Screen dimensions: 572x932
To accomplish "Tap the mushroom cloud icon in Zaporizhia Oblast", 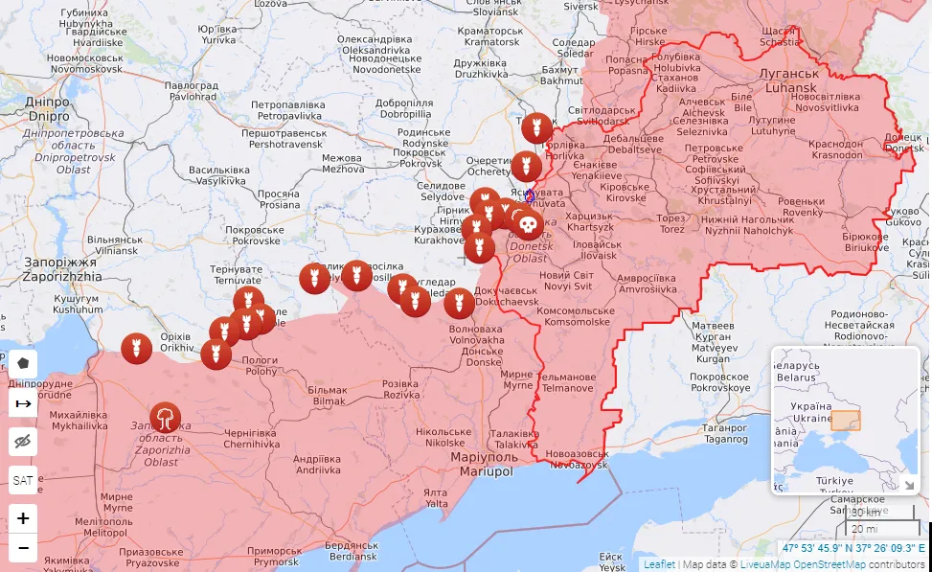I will (x=165, y=417).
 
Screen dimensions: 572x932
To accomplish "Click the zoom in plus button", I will (x=23, y=518).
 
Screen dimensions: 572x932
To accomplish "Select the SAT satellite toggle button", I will (x=23, y=479).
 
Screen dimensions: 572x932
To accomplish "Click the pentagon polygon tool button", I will (x=23, y=364).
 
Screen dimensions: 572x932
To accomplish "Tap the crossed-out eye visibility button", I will (x=23, y=441).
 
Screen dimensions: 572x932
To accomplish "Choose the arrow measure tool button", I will (x=23, y=403).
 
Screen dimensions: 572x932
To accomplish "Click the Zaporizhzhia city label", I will (x=61, y=268).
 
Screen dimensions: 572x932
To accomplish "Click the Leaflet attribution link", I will (x=659, y=564).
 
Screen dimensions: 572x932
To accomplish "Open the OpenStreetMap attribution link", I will (x=829, y=564).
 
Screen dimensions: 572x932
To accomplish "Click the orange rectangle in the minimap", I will (x=845, y=421).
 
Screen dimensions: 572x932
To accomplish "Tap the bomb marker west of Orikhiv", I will (x=135, y=348).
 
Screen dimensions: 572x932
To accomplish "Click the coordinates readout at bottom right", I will (x=853, y=549).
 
